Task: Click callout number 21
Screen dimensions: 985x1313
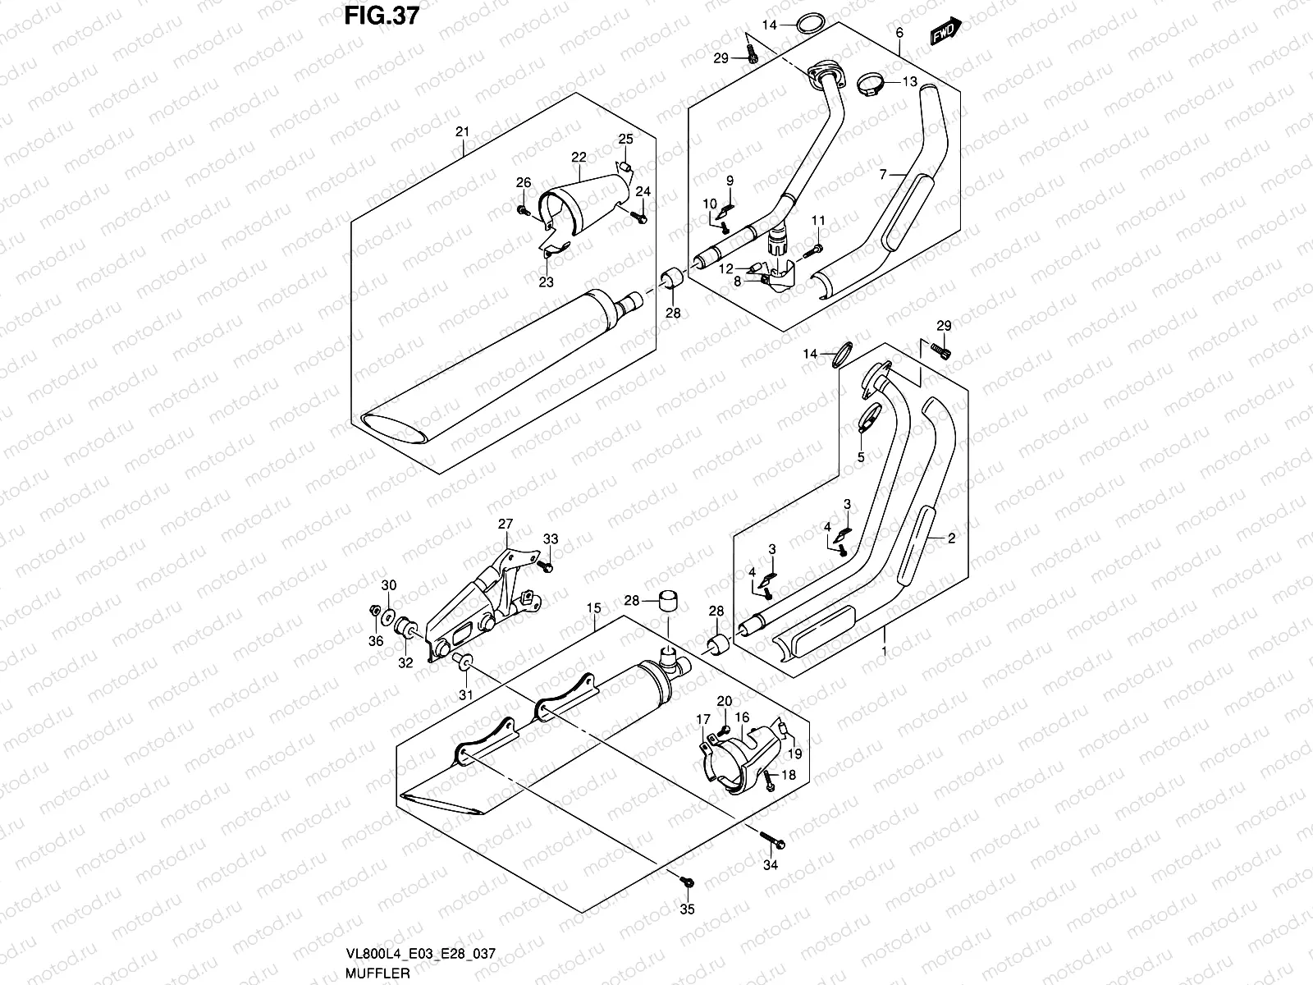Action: click(462, 132)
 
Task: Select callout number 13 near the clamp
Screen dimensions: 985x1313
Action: click(910, 81)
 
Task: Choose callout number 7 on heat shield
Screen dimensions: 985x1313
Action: click(882, 175)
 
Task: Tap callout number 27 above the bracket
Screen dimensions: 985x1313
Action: click(504, 524)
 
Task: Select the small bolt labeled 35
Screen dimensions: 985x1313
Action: click(687, 882)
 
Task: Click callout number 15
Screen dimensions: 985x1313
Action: click(593, 608)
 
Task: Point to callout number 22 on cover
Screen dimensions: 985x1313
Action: click(579, 157)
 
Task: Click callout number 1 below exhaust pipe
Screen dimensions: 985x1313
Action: click(884, 653)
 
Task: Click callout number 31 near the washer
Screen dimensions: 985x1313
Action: click(466, 695)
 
